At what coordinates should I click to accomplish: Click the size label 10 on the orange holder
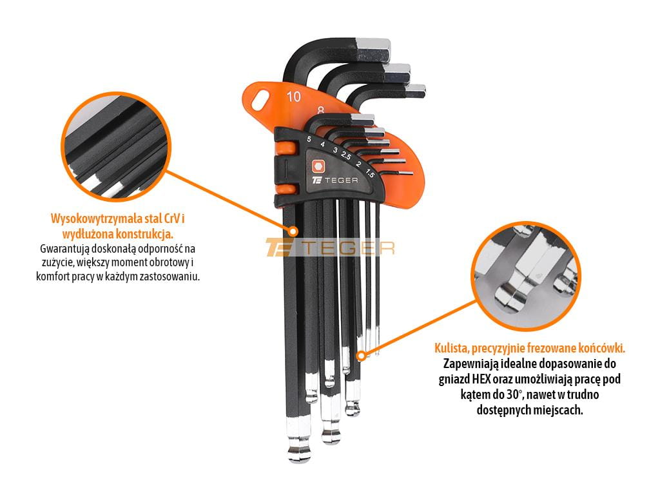(x=294, y=97)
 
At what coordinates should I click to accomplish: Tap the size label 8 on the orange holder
(x=321, y=110)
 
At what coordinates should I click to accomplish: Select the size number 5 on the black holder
(x=309, y=139)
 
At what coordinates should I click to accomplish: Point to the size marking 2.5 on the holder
(x=346, y=155)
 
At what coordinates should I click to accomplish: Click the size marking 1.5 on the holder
(x=369, y=173)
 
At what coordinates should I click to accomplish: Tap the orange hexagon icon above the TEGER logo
(x=318, y=166)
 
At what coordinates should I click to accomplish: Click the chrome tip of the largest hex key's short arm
(x=373, y=49)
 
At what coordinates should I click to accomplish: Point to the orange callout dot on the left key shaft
(x=293, y=231)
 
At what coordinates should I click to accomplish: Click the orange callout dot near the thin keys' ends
(x=361, y=356)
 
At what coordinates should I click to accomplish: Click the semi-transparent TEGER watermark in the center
(x=330, y=247)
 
